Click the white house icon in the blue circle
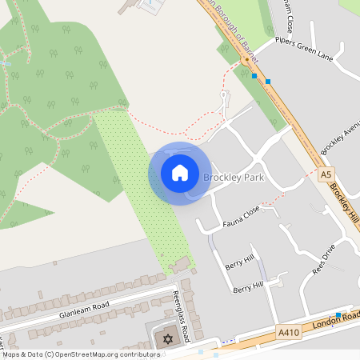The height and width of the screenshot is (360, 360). (x=180, y=173)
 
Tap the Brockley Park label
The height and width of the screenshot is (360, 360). (x=233, y=177)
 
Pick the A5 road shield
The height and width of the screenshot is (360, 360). (x=325, y=174)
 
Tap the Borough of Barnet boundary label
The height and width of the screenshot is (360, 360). (x=233, y=30)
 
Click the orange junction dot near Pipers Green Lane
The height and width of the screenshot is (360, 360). (x=245, y=60)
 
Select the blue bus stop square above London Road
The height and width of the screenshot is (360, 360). (x=338, y=314)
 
